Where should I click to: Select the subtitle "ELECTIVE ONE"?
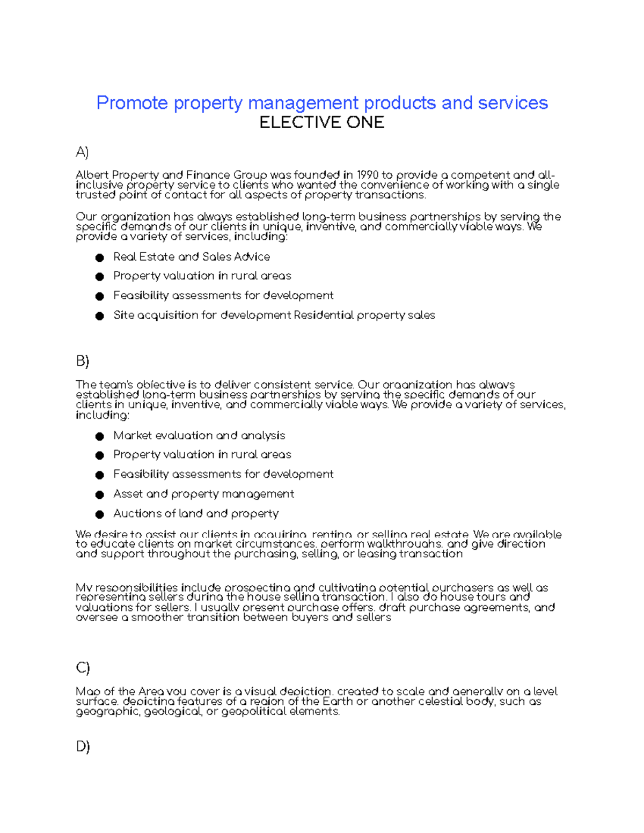(x=321, y=123)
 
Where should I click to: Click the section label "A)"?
(x=82, y=152)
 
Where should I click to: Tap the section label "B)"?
(x=82, y=362)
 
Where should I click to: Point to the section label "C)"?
(x=83, y=668)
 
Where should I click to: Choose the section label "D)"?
(x=83, y=746)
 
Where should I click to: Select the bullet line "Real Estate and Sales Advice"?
(x=191, y=257)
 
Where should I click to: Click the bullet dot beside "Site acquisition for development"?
(x=99, y=316)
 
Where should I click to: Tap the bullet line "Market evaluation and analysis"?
(x=199, y=436)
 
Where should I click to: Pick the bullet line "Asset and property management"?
(x=203, y=494)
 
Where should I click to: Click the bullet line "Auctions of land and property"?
(x=195, y=514)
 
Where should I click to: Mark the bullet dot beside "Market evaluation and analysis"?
(x=99, y=437)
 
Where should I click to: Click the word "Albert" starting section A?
(x=92, y=175)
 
